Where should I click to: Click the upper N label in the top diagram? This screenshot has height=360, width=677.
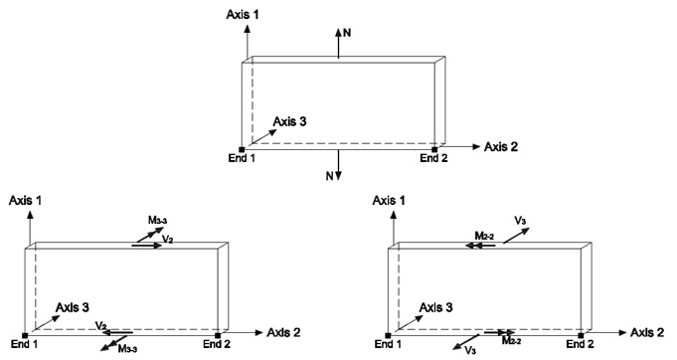click(347, 33)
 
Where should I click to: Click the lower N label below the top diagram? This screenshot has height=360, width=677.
click(330, 176)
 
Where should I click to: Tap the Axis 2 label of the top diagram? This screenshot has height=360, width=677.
click(500, 147)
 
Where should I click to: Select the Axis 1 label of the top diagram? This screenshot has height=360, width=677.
click(244, 14)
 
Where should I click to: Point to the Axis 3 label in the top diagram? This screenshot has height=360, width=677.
click(289, 121)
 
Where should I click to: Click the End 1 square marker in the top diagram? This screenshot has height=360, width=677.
click(242, 149)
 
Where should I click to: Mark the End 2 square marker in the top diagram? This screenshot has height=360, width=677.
click(434, 149)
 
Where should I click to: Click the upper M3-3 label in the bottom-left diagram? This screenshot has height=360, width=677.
click(158, 221)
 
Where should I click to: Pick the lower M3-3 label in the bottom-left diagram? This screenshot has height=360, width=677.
click(127, 349)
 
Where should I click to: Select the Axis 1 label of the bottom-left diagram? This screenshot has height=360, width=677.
click(25, 200)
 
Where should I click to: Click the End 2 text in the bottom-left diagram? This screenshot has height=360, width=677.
click(217, 344)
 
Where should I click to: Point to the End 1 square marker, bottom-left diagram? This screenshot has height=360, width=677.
click(25, 335)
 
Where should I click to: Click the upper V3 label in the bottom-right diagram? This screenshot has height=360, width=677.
click(520, 221)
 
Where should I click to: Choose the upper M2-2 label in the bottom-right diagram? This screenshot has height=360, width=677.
click(484, 236)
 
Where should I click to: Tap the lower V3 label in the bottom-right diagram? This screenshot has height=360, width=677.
click(470, 350)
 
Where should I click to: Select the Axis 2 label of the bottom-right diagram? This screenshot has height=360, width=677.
click(647, 332)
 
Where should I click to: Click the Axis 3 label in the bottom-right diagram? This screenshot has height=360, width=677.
click(436, 307)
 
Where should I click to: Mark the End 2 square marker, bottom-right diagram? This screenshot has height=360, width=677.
click(581, 335)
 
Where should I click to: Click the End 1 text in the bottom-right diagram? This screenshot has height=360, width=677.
click(388, 344)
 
